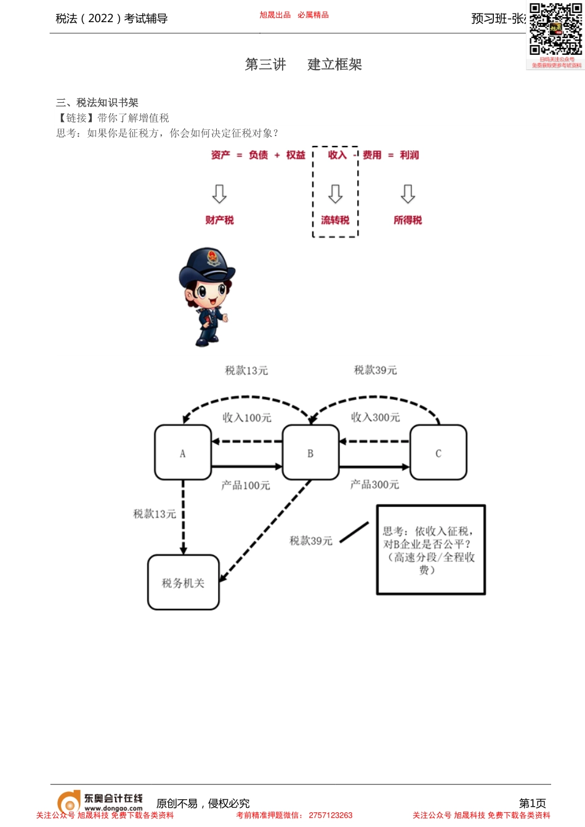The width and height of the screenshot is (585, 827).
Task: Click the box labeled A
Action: [182, 452]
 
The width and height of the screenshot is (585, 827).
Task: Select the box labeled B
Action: [310, 452]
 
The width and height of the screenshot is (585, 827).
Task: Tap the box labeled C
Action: [438, 452]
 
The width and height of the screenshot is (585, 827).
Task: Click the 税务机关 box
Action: [184, 582]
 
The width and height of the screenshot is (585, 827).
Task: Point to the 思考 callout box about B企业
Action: [431, 549]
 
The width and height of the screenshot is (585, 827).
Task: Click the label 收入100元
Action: [246, 418]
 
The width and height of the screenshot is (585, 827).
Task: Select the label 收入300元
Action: [375, 417]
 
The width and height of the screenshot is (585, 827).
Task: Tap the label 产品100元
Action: [246, 485]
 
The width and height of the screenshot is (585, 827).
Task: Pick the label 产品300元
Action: [374, 485]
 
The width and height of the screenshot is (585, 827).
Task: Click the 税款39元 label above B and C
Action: [375, 370]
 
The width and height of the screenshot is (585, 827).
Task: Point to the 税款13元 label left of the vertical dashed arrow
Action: [155, 514]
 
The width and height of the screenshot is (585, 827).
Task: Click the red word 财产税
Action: [219, 220]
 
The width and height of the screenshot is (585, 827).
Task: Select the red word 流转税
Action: [335, 220]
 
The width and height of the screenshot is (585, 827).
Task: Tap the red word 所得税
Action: [408, 220]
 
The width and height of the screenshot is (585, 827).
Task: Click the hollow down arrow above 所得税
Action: [408, 193]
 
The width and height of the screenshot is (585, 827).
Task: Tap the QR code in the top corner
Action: [555, 30]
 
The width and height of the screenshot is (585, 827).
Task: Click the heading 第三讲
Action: [265, 65]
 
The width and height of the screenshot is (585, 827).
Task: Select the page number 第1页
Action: [532, 803]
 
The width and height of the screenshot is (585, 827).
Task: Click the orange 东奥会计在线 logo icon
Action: [68, 802]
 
